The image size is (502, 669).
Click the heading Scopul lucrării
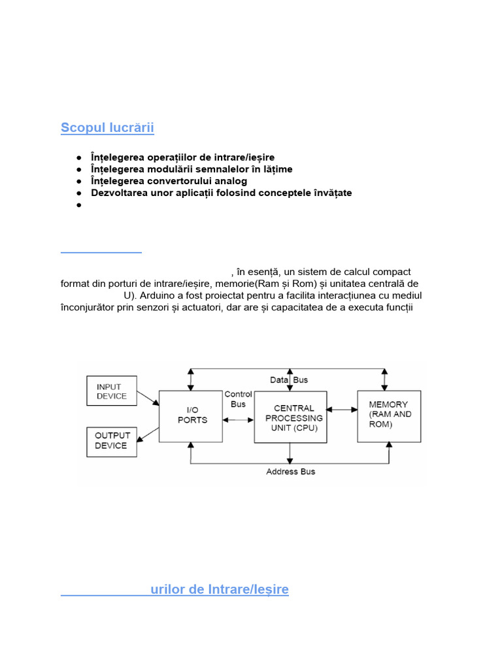pos(107,128)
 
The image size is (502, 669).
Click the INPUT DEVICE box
pos(112,391)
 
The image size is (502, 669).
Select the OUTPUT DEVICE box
pos(112,440)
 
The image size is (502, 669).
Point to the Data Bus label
pos(289,380)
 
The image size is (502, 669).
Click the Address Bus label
pos(290,472)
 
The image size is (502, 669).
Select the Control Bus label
pos(238,399)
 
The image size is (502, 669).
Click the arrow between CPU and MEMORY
pos(341,410)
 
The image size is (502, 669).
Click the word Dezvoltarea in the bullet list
pos(118,193)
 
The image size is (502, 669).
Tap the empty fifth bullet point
pos(78,204)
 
